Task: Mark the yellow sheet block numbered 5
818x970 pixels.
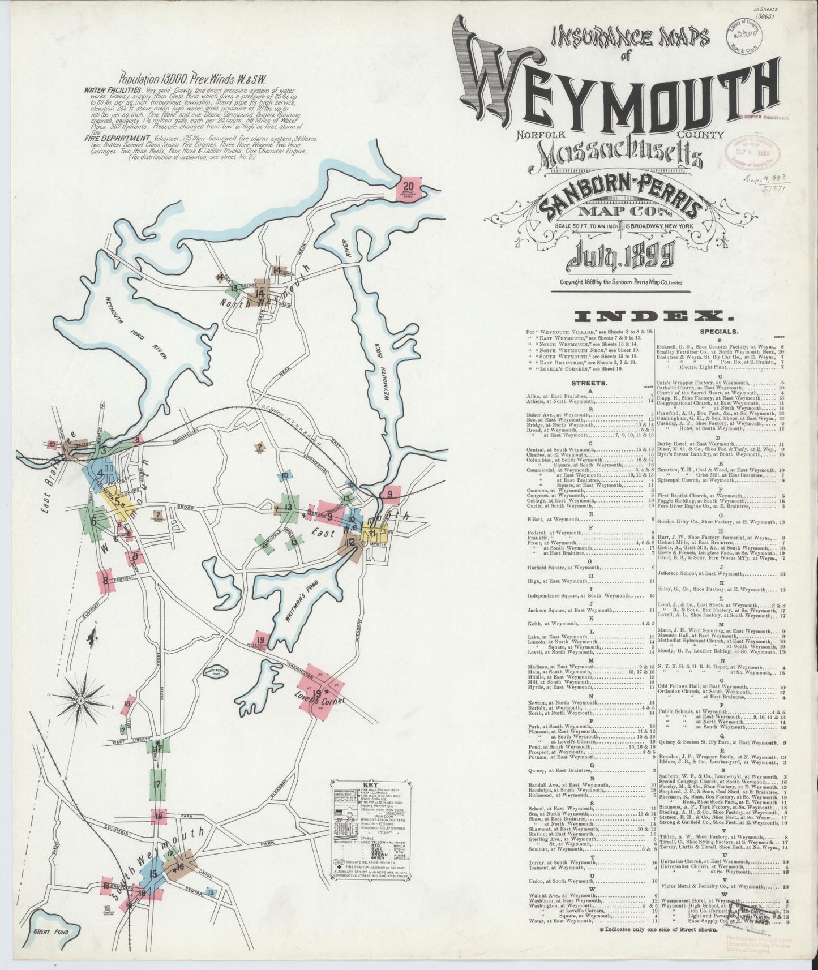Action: [x=118, y=500]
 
